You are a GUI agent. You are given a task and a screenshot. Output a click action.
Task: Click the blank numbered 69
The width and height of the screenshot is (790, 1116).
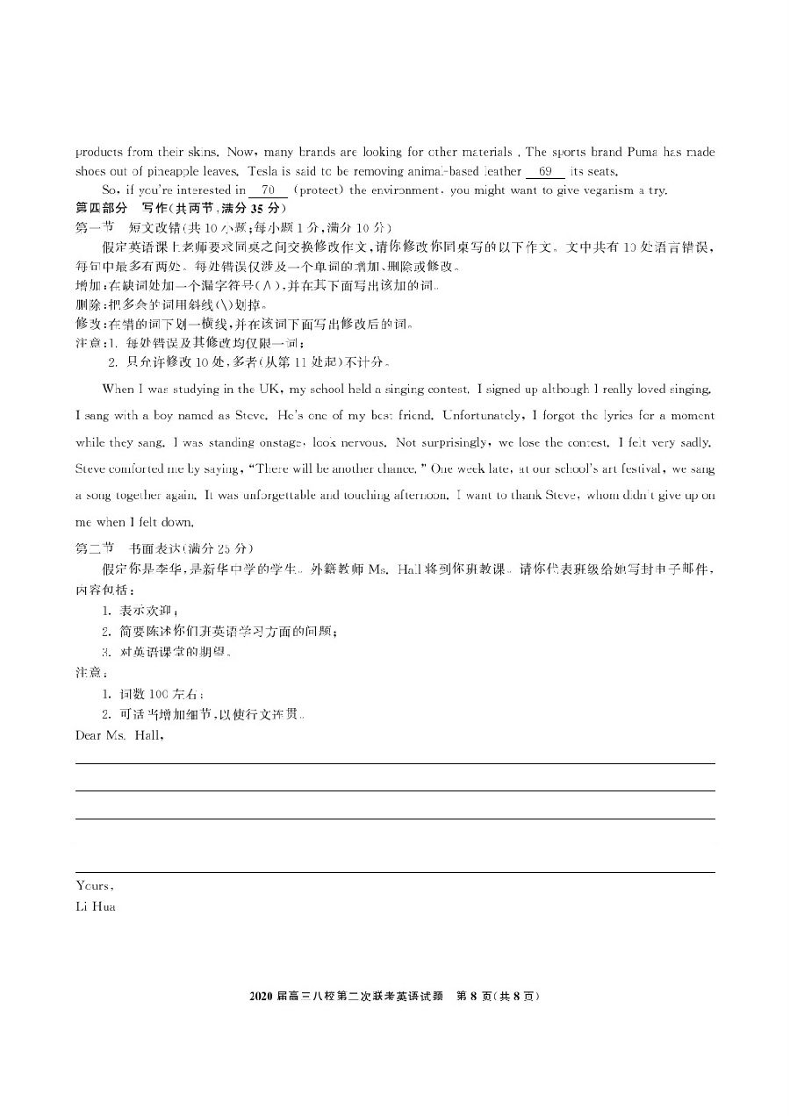[x=544, y=172]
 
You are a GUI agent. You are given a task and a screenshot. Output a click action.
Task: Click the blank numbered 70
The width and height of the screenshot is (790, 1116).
[x=268, y=190]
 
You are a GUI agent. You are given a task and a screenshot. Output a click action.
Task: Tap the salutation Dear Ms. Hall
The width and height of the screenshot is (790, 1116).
[x=119, y=735]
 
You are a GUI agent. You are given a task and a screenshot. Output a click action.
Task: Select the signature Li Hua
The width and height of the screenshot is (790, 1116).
[x=96, y=906]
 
